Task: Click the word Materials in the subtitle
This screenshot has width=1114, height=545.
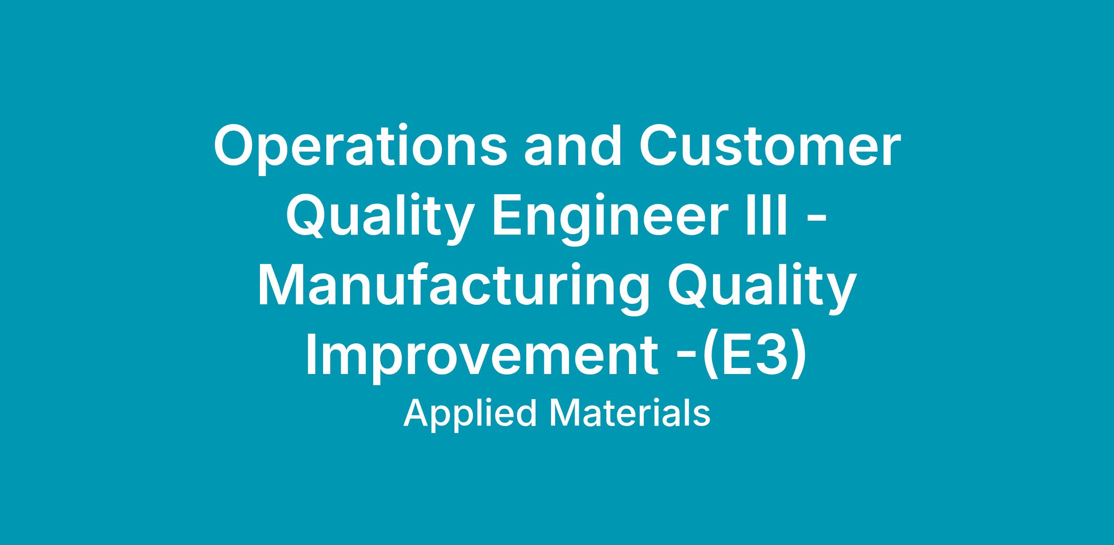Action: click(629, 413)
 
